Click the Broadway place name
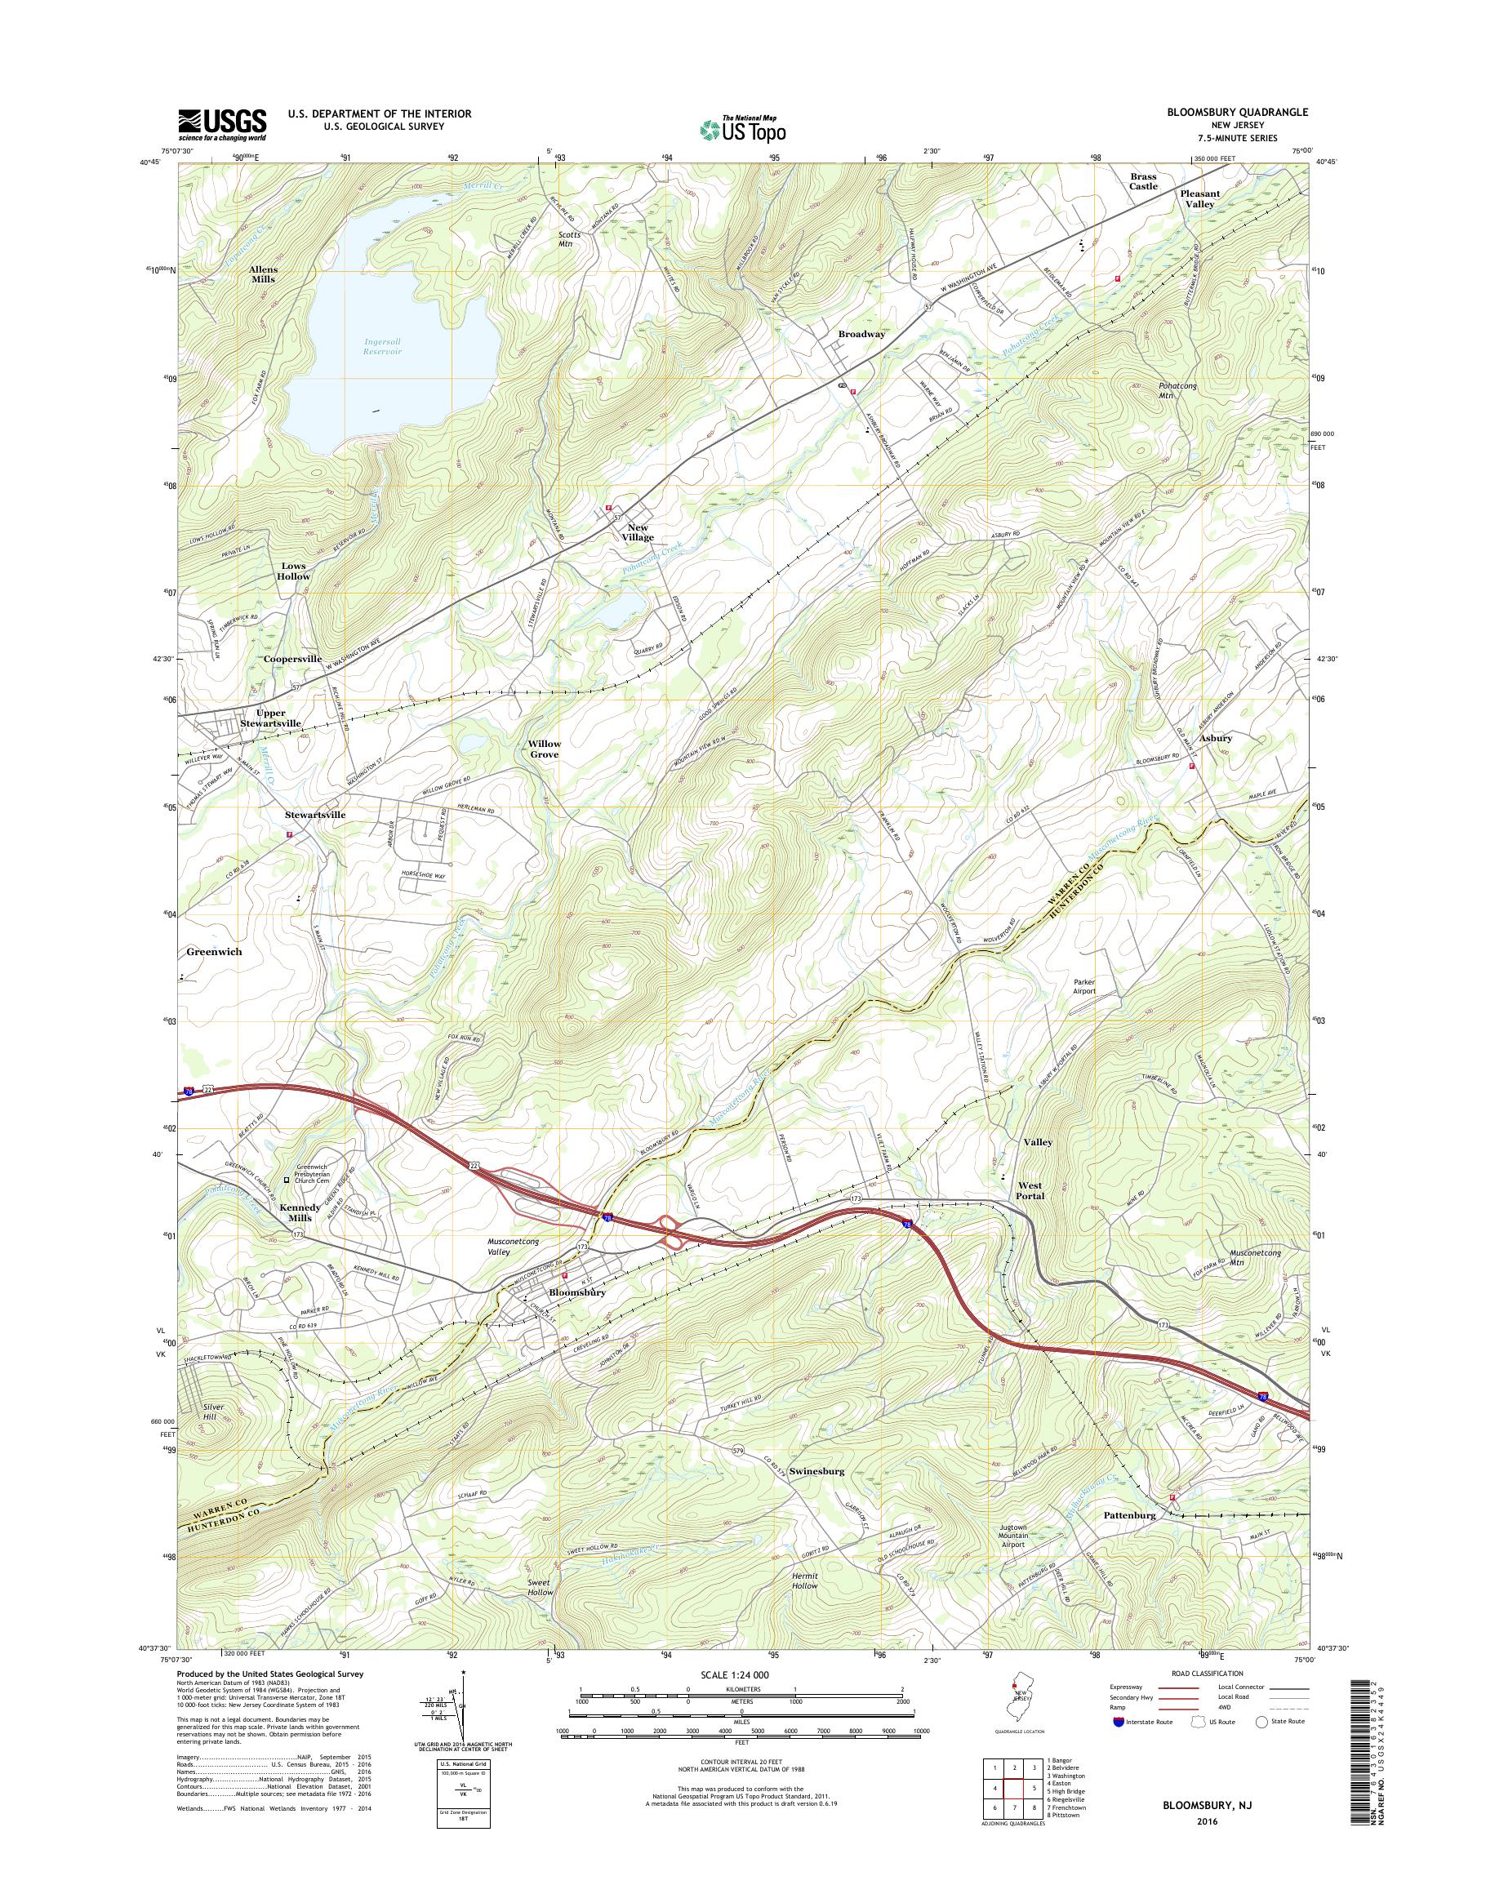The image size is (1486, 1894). (x=861, y=334)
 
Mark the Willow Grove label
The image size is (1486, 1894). (x=544, y=749)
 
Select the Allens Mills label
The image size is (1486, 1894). (x=263, y=274)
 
